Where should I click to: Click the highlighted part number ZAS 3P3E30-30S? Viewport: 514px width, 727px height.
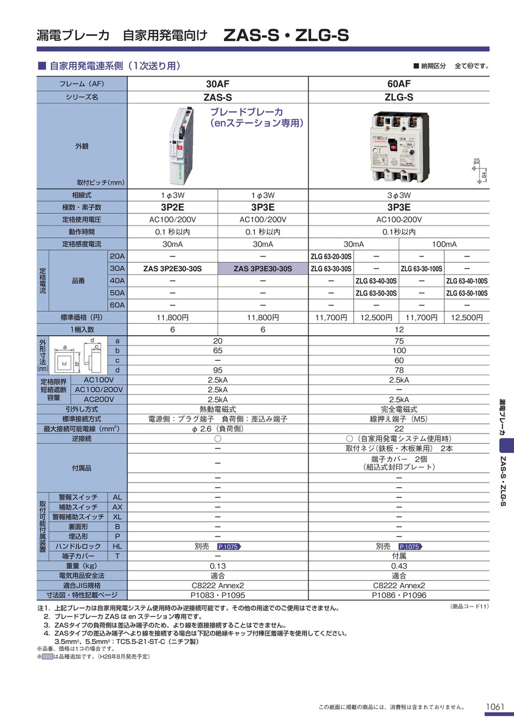pos(263,268)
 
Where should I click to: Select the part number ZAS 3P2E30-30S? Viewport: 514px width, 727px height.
pos(172,268)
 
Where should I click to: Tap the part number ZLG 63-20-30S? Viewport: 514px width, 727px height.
pos(331,256)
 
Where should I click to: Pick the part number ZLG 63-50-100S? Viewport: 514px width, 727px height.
pos(467,293)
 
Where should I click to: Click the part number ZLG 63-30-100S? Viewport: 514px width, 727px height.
pos(421,268)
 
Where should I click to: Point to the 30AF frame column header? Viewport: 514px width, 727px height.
pos(218,84)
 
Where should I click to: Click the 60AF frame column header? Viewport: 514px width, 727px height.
pos(399,84)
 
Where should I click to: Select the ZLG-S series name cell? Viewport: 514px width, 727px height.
pos(399,97)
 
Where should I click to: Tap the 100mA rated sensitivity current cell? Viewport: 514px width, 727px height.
pos(444,244)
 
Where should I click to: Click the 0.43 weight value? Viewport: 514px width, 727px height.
pos(399,566)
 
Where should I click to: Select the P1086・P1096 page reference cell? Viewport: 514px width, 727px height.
pos(399,595)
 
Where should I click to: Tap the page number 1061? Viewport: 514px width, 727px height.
pos(495,707)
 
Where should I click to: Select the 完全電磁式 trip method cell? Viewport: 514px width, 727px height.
pos(399,409)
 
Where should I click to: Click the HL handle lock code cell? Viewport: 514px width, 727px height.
pos(117,546)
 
